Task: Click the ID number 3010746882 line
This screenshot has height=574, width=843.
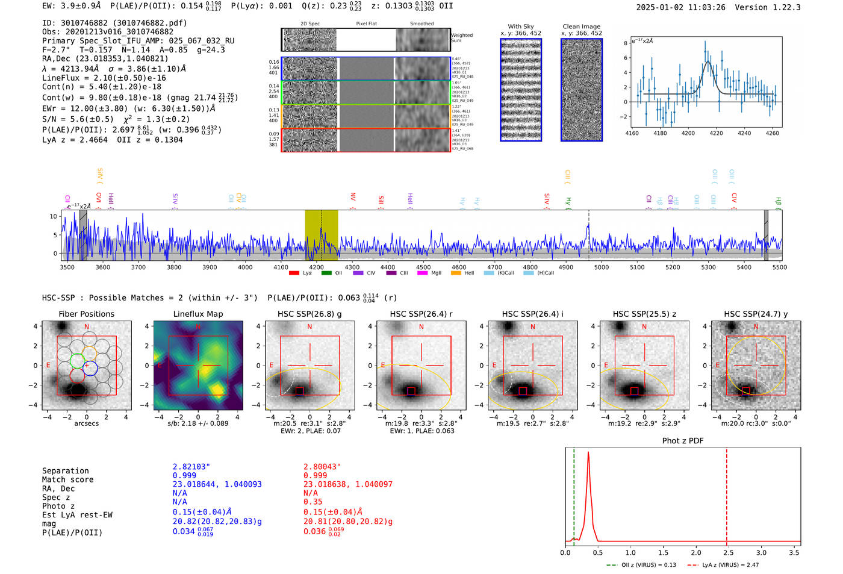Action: pos(114,23)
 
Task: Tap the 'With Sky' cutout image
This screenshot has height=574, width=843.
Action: pos(521,90)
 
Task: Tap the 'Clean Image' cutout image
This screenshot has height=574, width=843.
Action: pos(582,90)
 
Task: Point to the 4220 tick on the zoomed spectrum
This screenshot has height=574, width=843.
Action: pos(716,133)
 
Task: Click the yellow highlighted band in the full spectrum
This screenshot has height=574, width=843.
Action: pos(321,235)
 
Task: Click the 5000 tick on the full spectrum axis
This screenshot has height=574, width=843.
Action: pos(601,267)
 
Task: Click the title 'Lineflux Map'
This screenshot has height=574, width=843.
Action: pos(198,314)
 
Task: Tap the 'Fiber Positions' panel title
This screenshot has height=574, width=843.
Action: pos(86,314)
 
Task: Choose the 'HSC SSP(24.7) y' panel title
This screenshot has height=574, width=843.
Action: pos(756,314)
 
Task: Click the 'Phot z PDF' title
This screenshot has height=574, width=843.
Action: pos(683,440)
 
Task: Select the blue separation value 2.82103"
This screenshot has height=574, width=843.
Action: pos(191,467)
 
